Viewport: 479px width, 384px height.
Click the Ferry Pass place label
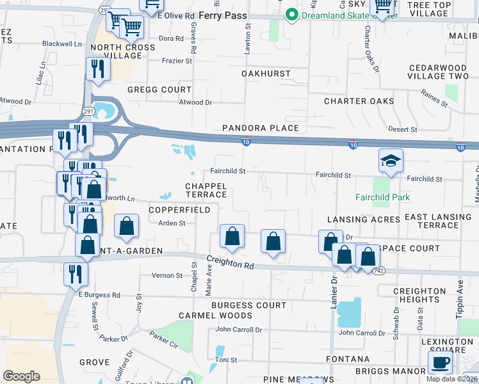(x=222, y=14)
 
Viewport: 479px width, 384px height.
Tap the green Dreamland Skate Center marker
(x=292, y=14)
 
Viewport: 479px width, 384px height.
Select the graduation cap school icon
(x=391, y=161)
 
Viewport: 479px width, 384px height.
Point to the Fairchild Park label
(x=383, y=197)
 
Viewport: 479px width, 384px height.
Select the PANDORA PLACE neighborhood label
(x=261, y=128)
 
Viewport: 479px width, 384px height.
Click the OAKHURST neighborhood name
(x=266, y=74)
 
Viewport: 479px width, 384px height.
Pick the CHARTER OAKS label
(x=359, y=101)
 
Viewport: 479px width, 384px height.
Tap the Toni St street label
(x=226, y=360)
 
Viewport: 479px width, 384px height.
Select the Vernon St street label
(x=166, y=275)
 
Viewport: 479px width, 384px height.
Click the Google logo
(x=21, y=376)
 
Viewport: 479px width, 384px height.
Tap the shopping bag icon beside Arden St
(x=127, y=226)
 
